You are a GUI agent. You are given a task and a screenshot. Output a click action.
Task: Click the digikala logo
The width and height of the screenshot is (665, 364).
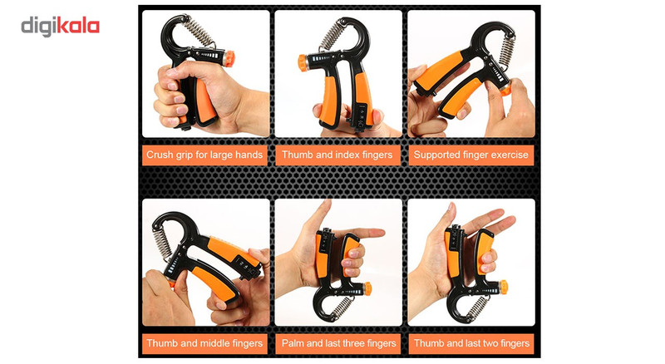(x=60, y=27)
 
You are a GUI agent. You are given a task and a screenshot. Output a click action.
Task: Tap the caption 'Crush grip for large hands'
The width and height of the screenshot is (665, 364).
(x=204, y=155)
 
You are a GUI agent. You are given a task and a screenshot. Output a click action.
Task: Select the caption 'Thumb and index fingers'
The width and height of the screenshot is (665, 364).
(x=337, y=155)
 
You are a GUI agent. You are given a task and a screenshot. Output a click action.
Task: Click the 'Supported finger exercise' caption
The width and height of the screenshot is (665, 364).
(x=470, y=155)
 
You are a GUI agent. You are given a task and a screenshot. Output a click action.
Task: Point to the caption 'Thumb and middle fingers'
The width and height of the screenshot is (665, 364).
(x=204, y=343)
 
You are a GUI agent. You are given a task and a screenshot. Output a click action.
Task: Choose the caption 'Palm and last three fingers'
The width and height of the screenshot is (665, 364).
(x=338, y=343)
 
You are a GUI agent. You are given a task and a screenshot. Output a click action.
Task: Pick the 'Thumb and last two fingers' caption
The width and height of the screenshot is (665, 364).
(x=471, y=343)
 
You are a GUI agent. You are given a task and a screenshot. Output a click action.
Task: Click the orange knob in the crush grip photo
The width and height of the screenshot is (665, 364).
(x=229, y=58)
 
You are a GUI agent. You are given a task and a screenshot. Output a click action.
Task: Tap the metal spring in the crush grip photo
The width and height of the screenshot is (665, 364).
(x=198, y=30)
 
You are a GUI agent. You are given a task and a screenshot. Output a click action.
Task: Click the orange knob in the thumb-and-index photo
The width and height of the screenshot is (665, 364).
(x=303, y=63)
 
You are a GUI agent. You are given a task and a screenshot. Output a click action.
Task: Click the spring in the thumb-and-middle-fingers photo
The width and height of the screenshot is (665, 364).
(x=161, y=243)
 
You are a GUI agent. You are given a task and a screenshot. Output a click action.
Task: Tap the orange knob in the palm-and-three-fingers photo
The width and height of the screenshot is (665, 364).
(x=367, y=288)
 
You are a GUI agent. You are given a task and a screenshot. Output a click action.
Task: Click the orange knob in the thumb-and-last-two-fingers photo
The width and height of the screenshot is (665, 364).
(x=504, y=287)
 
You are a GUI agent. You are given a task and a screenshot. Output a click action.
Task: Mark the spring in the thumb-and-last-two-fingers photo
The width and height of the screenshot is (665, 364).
(x=478, y=307)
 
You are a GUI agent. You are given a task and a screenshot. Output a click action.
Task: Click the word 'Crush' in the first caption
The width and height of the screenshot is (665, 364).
(x=160, y=155)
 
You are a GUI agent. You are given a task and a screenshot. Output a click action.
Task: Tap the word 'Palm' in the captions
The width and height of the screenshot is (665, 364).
(x=292, y=343)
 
